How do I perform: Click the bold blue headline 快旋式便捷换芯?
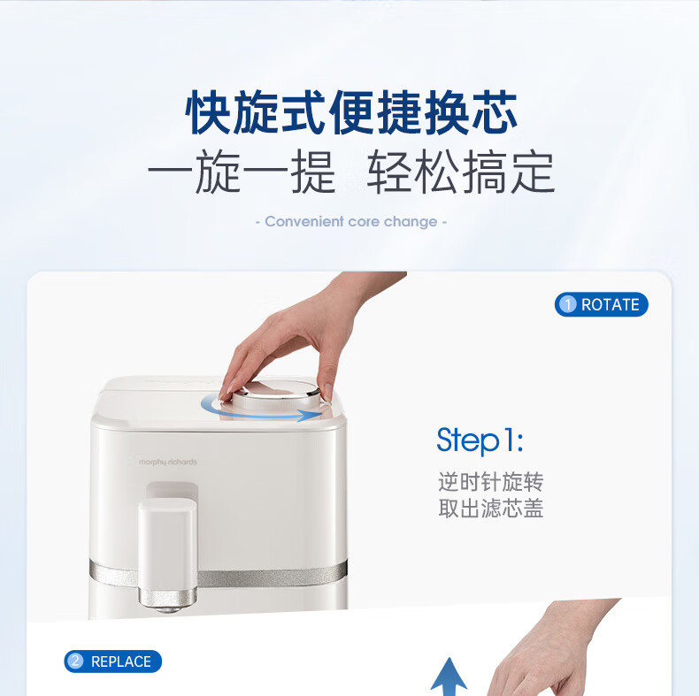(352, 111)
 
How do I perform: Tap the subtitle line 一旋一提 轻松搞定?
(351, 172)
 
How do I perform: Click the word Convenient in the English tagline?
(304, 221)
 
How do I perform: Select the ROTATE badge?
(602, 305)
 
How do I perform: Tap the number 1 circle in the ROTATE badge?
(567, 305)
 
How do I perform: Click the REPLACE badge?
(112, 662)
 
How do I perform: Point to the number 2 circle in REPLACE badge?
(75, 661)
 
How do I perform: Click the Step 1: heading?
(480, 440)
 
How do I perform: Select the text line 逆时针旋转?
(490, 482)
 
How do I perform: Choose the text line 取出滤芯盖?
(490, 509)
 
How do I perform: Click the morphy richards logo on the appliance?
(167, 462)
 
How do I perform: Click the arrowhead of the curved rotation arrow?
(311, 416)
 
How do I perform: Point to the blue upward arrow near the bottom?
(449, 677)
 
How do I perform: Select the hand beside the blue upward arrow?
(553, 651)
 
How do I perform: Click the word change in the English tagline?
(411, 222)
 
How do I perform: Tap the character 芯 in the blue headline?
(495, 111)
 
